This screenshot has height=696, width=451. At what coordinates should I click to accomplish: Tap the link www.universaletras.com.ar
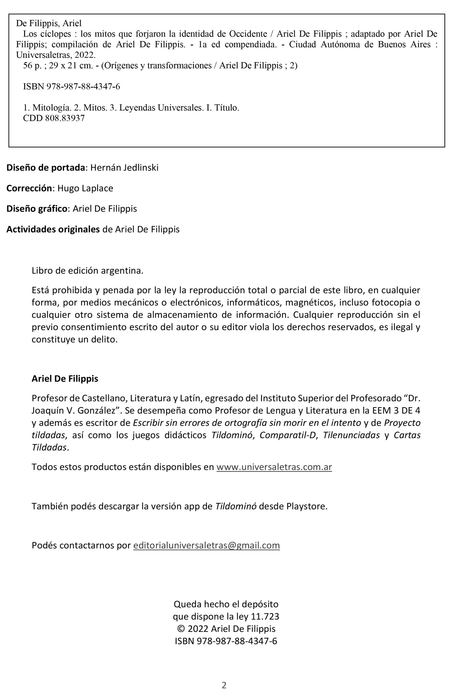point(274,467)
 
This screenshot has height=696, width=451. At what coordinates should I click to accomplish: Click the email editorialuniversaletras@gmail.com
point(207,545)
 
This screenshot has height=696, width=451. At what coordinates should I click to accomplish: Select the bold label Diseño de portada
point(45,168)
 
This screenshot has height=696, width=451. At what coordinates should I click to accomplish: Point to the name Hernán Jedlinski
point(124,168)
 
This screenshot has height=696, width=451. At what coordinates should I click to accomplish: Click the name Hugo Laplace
point(85,188)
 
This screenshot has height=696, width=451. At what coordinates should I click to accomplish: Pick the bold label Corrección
point(29,188)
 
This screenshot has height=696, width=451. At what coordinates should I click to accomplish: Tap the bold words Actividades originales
point(53,229)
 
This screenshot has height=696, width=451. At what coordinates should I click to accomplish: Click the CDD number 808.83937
point(65,119)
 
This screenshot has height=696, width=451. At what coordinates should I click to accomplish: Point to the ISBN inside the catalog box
point(71,87)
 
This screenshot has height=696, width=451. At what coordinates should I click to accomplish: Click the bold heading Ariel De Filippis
point(65,379)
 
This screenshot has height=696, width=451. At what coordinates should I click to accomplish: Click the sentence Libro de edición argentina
point(88,271)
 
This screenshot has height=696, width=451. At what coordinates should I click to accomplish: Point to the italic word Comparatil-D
point(288,436)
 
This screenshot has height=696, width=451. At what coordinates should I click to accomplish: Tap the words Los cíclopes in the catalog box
point(47,34)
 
